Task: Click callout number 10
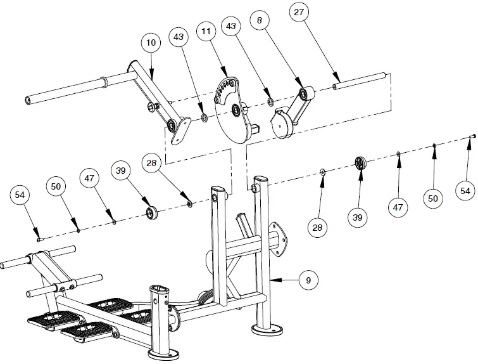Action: pos(150,42)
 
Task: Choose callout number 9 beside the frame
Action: pos(308,279)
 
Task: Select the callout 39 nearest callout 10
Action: pos(122,170)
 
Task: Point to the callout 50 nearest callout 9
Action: pos(434,198)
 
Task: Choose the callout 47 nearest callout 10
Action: pos(89,179)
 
